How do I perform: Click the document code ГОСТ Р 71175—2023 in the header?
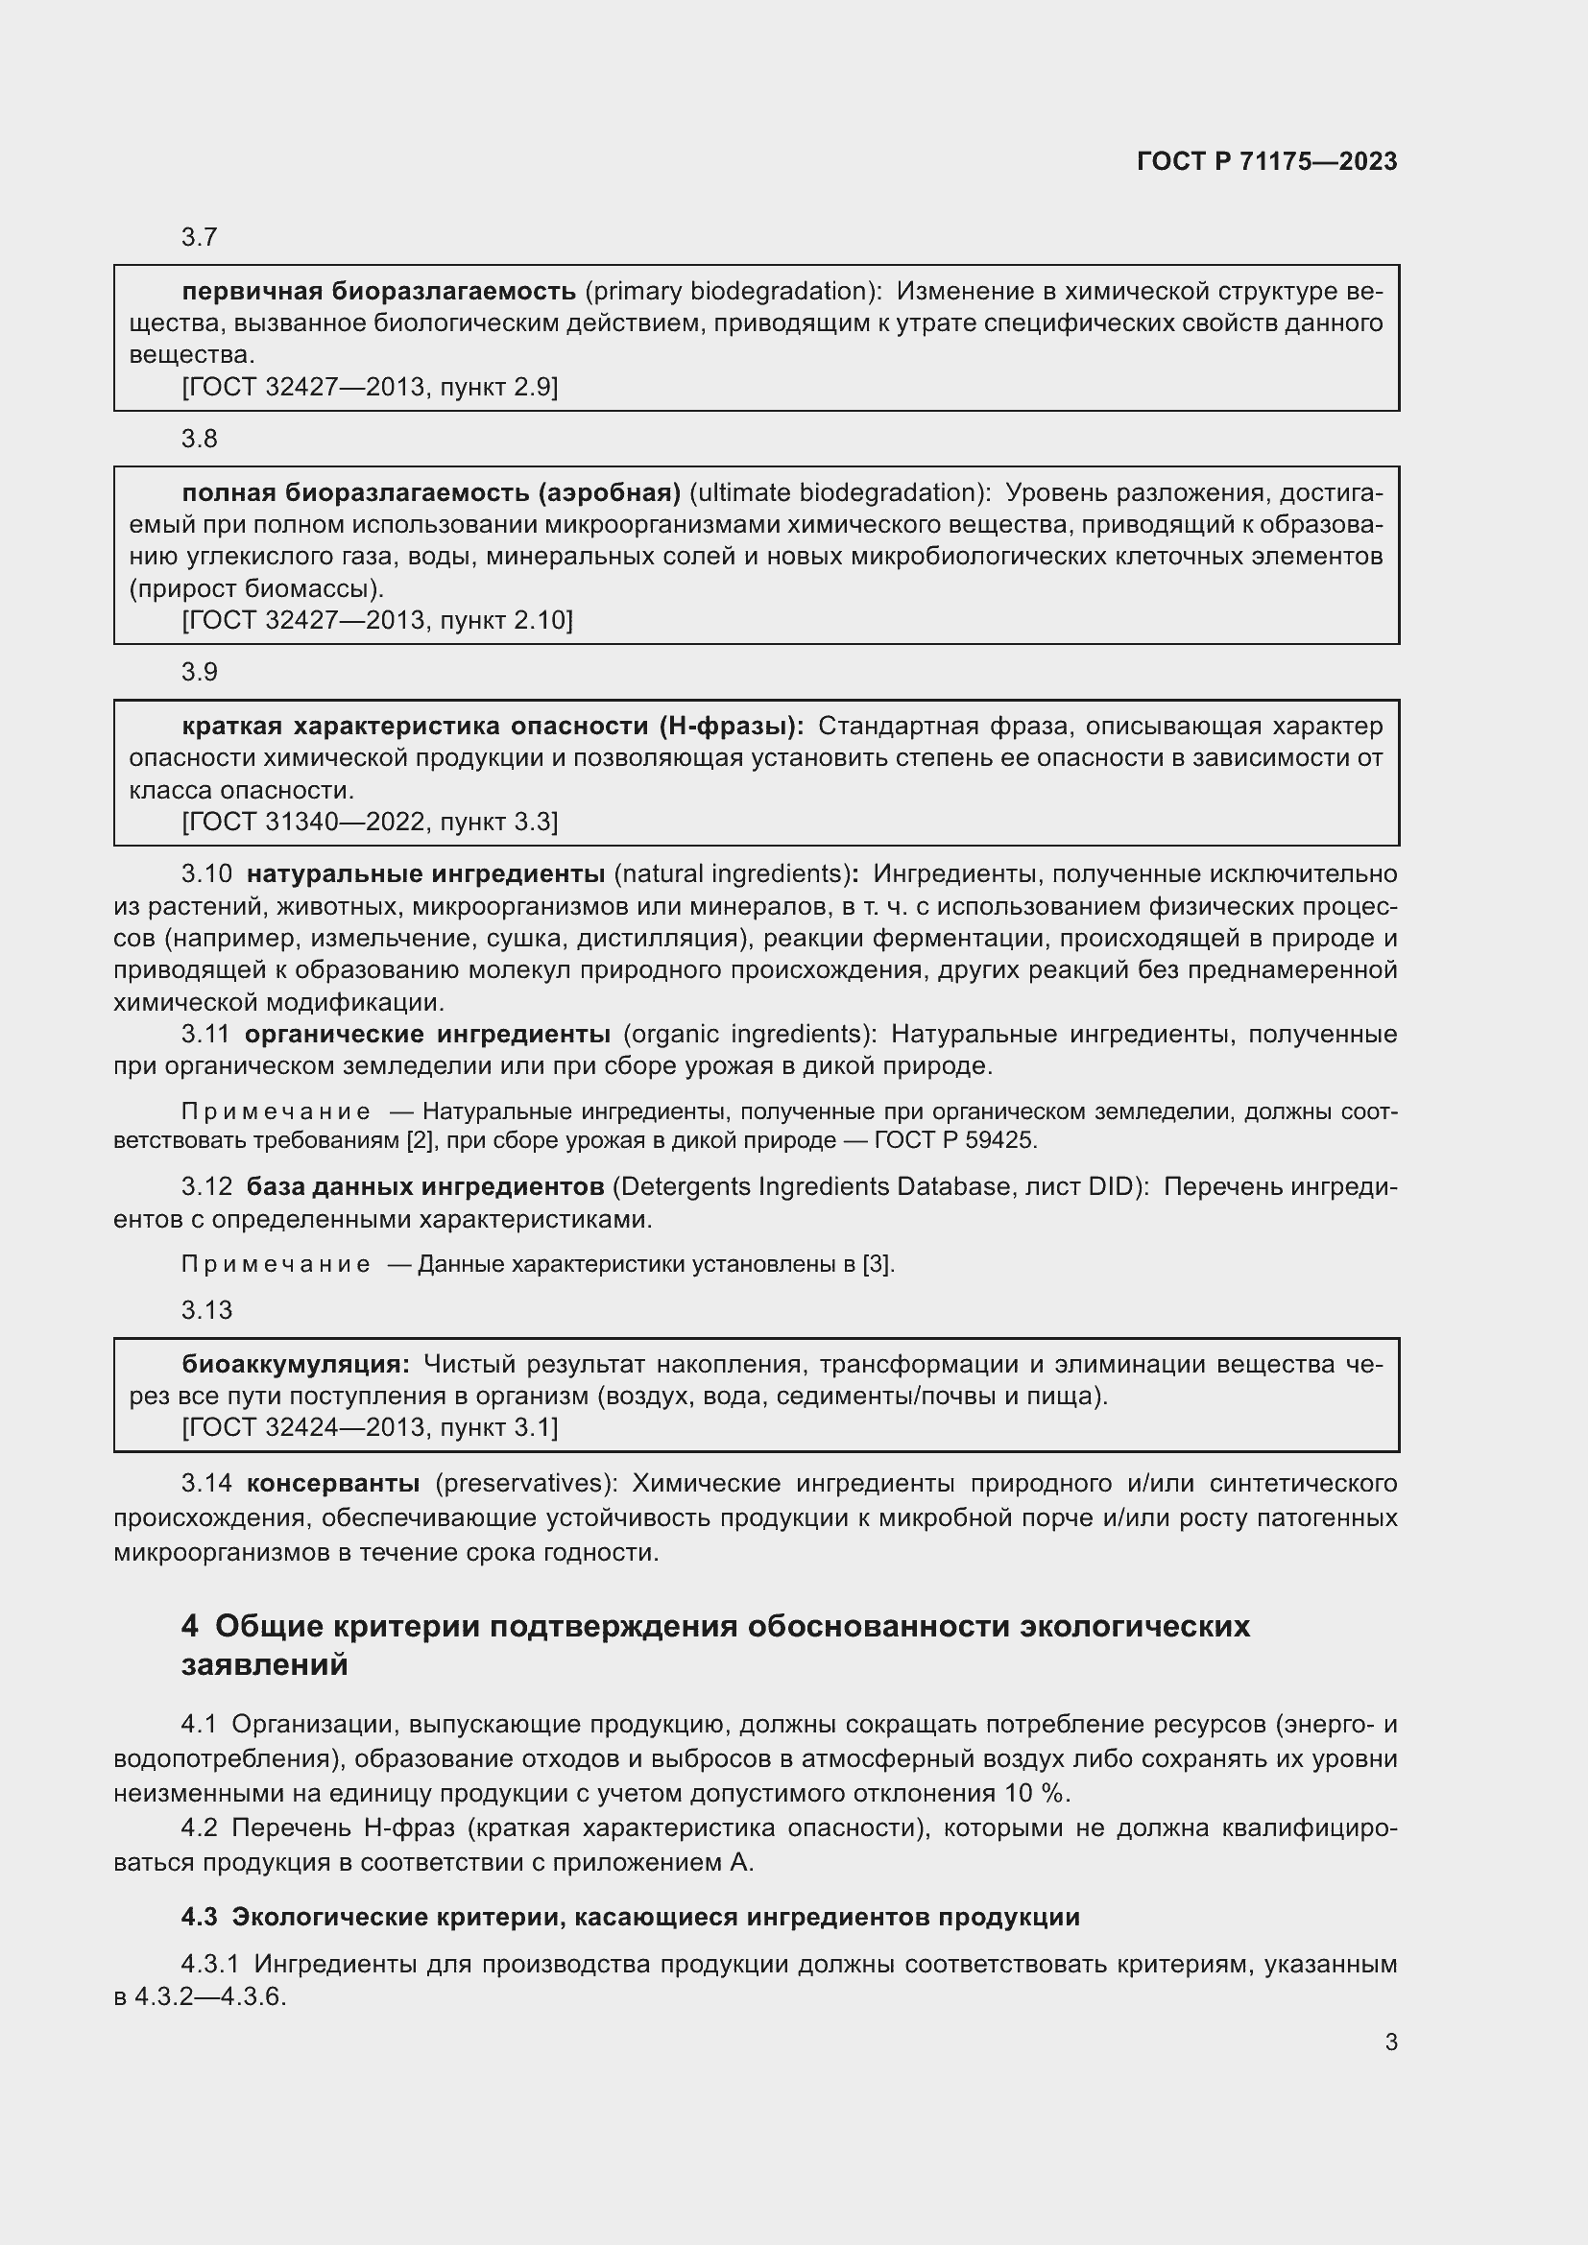tap(1266, 161)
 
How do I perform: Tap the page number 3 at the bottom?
tap(1390, 2042)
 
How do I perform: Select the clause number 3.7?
tap(200, 238)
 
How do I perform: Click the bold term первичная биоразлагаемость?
tap(378, 292)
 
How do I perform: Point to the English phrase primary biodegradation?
tap(729, 292)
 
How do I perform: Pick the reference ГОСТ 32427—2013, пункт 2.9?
tap(370, 387)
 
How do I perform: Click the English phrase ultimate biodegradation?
tap(840, 491)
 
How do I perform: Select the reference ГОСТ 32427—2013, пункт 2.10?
tap(377, 620)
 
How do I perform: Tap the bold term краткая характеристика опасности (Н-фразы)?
tap(493, 726)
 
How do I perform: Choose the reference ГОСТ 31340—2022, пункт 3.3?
tap(370, 822)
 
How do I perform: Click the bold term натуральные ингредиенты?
tap(425, 873)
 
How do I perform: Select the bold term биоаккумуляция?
tap(296, 1364)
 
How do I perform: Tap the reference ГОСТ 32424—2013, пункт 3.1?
tap(370, 1427)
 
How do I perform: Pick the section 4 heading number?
tap(190, 1627)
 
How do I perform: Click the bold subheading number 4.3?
tap(200, 1918)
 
